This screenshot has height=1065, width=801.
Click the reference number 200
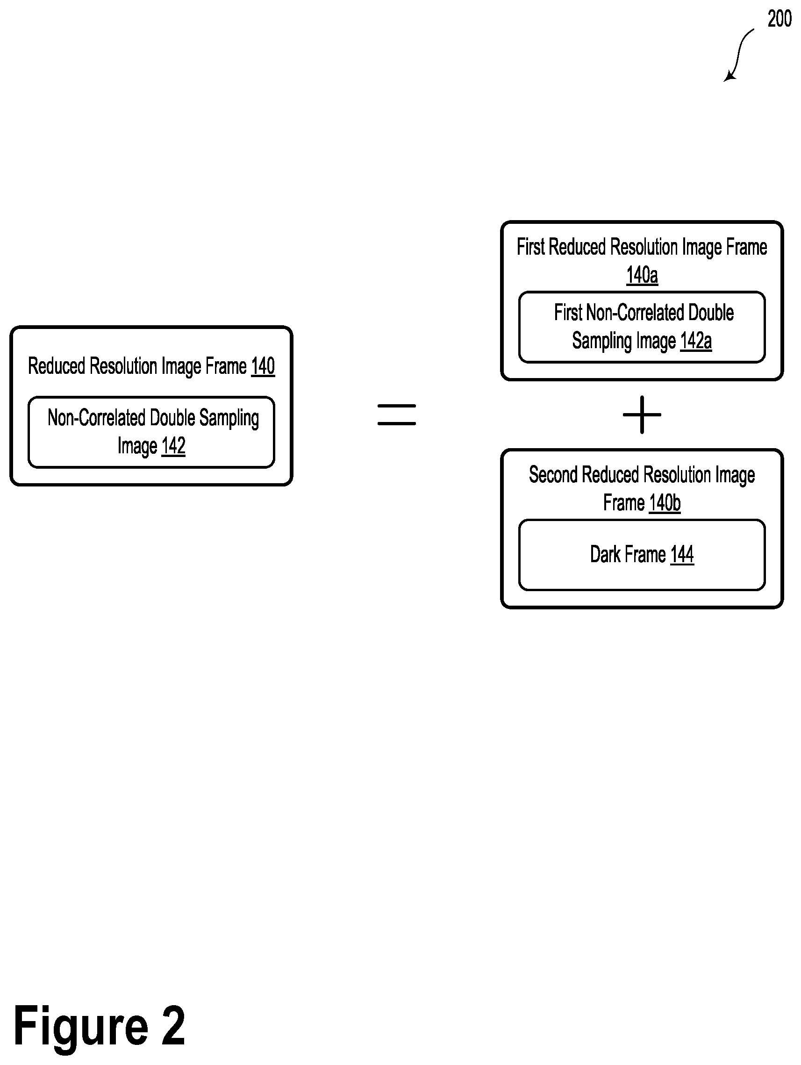pos(779,19)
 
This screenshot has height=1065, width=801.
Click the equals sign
pos(396,415)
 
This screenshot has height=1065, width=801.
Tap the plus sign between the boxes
pos(642,415)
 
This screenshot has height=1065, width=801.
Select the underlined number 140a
pos(642,275)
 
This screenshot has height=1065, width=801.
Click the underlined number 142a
pos(695,341)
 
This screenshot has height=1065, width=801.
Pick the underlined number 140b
pos(664,503)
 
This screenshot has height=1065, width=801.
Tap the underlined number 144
pos(682,554)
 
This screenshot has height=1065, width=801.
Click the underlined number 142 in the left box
pos(173,446)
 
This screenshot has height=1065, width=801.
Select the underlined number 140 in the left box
pos(263,366)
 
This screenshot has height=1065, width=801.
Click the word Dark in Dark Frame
pos(605,554)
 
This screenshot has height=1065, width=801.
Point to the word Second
pos(553,475)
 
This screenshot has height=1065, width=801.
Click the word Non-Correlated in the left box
pos(96,417)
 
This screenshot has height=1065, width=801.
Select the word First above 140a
pos(530,247)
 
